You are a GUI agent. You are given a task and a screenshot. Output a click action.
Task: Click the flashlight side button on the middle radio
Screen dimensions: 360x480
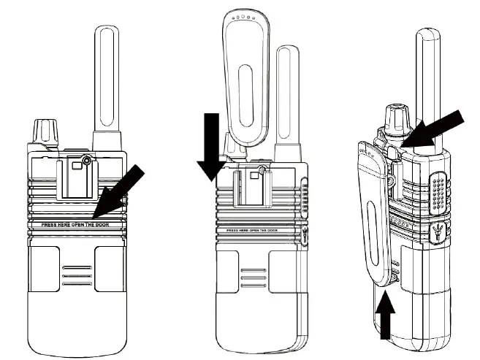click(x=305, y=233)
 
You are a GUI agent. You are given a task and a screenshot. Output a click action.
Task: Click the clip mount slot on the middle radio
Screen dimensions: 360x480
click(x=253, y=186)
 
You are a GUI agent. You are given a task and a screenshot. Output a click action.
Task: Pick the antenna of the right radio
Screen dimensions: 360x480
click(x=427, y=80)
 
